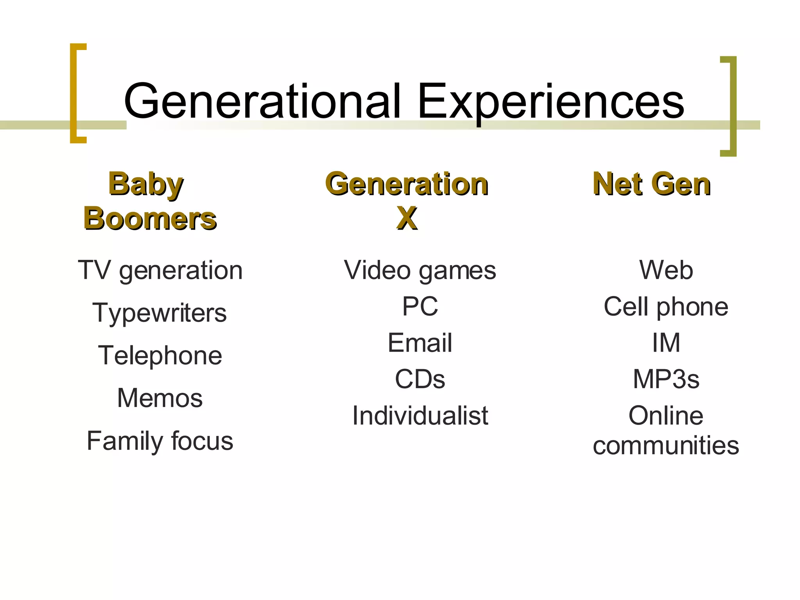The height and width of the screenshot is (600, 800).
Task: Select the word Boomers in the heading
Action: [150, 218]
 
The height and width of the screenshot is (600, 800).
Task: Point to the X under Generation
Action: [407, 218]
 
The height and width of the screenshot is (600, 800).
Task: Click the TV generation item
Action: [160, 270]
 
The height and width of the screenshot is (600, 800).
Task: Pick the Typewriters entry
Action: [159, 313]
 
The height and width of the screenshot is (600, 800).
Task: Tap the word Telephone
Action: [160, 355]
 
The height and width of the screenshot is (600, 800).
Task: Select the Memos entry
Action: [160, 398]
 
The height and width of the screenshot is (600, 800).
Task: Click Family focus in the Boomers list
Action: [160, 441]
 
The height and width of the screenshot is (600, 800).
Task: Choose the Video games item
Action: [420, 270]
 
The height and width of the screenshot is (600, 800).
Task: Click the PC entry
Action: [420, 306]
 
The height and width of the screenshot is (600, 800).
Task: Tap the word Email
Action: [420, 343]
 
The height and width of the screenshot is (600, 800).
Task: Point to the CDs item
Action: [420, 379]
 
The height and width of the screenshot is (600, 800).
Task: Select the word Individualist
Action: [420, 415]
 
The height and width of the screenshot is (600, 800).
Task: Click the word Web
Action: [666, 270]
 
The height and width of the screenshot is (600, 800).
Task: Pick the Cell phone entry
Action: [666, 306]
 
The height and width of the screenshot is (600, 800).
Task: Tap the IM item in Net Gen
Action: [666, 343]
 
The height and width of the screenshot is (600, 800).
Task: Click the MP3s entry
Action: [666, 379]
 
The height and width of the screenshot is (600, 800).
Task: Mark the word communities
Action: [666, 445]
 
